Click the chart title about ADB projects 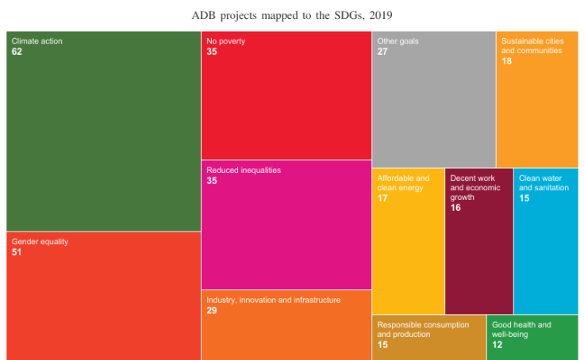(292, 15)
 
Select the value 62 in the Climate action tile (17, 52)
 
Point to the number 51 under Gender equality (17, 251)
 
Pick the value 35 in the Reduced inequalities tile (213, 181)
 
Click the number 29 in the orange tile (213, 311)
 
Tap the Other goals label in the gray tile (398, 40)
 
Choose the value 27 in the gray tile (383, 52)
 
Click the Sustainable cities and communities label (532, 45)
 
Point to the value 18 (507, 61)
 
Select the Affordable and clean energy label (403, 182)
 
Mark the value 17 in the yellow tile (383, 198)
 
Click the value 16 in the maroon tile (456, 208)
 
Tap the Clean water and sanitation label (544, 182)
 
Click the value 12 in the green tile (498, 345)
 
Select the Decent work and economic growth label (474, 187)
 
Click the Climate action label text (36, 40)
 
